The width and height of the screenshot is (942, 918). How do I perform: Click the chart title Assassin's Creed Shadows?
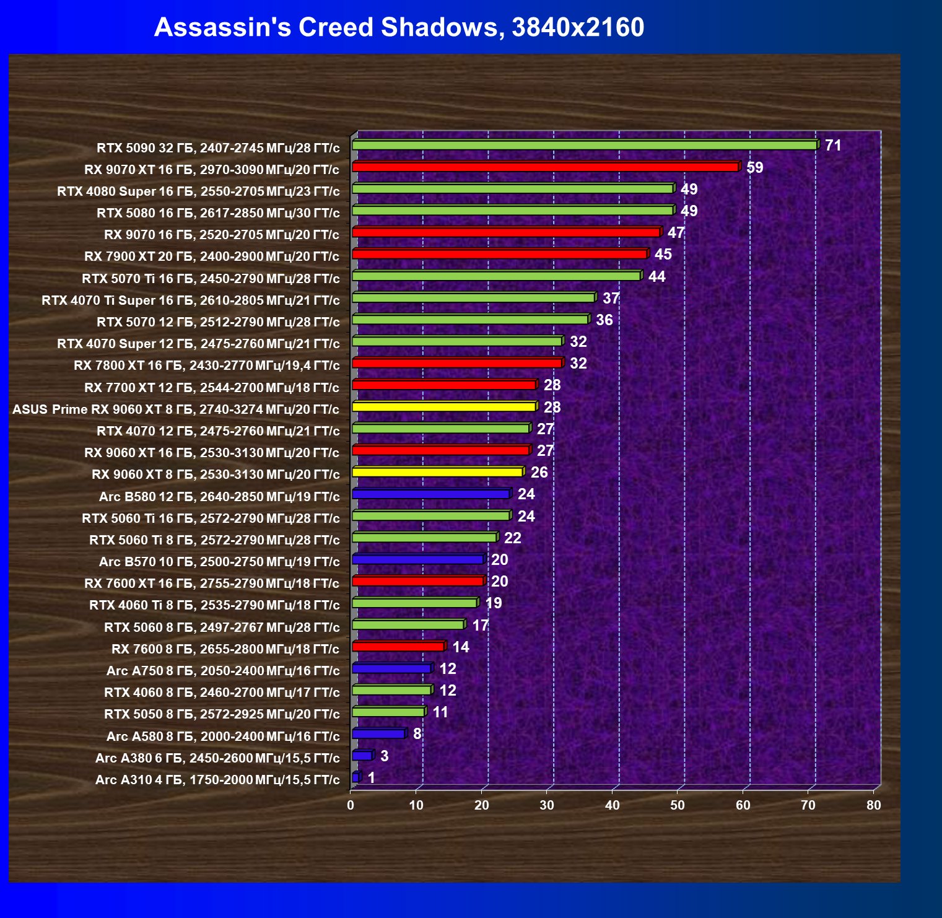pos(399,28)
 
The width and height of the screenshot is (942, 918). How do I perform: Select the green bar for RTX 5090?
pos(584,145)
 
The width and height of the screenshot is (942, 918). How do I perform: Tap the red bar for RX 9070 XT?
pos(545,167)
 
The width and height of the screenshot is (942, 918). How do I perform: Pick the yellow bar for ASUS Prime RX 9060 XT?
pos(443,407)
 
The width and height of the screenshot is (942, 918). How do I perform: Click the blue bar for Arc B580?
pos(430,494)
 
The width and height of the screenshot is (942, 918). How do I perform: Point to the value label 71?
pos(833,146)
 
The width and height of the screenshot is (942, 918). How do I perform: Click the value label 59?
pos(754,167)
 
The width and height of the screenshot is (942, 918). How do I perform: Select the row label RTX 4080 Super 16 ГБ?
pos(198,191)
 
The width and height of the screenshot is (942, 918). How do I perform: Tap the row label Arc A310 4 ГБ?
pos(217,779)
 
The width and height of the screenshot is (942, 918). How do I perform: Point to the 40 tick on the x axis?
pos(613,805)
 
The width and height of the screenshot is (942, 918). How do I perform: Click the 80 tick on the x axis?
pos(874,805)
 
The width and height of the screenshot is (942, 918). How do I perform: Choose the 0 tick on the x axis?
pos(351,805)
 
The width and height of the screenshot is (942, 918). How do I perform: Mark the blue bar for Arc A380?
pos(362,756)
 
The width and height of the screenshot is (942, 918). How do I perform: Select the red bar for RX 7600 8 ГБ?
pos(398,647)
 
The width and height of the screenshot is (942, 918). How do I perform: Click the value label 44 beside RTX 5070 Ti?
pos(656,276)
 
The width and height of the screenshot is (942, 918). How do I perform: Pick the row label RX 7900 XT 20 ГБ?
pos(212,256)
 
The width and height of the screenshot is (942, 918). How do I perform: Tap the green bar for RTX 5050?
pos(388,712)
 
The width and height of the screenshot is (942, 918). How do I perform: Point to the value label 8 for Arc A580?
pos(417,734)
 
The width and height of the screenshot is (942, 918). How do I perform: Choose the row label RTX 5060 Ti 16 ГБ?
pos(211,518)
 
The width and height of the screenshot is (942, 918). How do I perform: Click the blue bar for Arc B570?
pos(417,559)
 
